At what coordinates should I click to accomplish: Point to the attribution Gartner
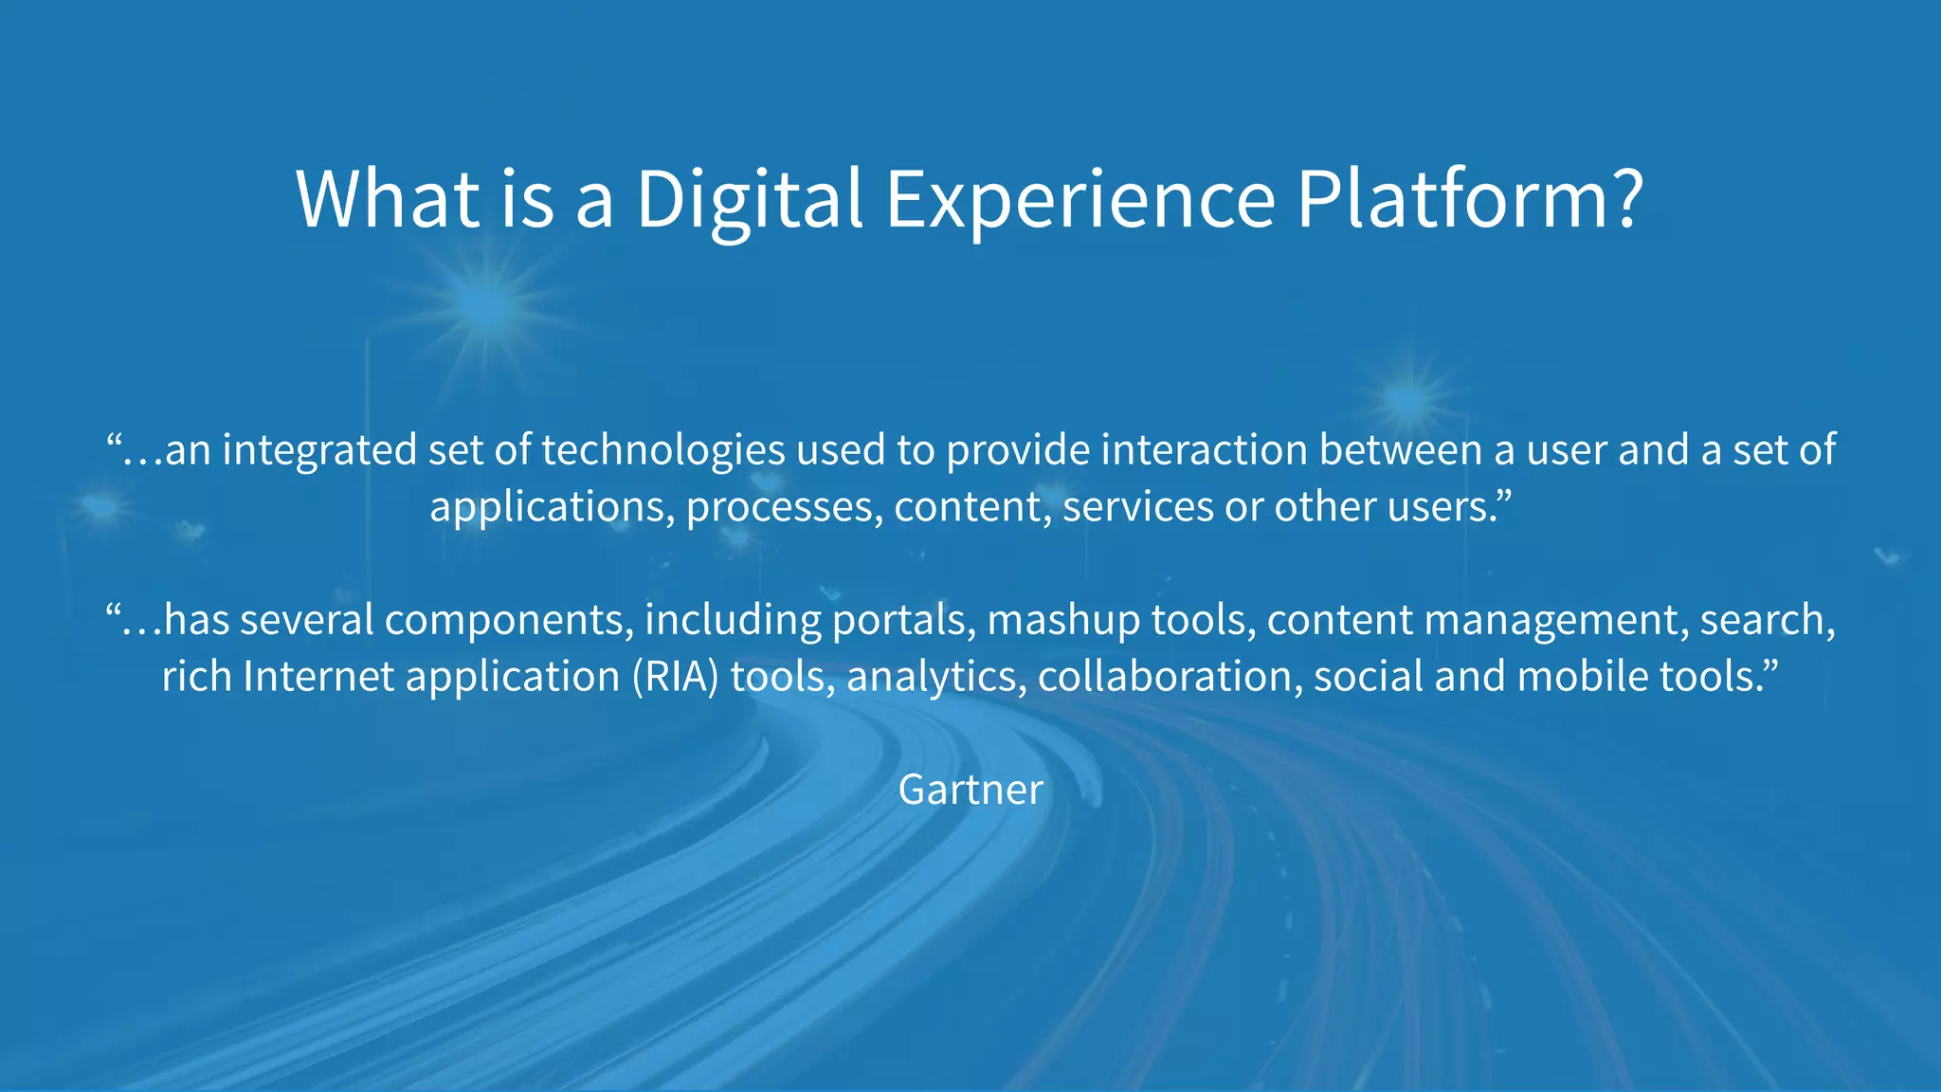click(x=970, y=790)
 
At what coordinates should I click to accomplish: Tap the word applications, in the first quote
click(x=552, y=507)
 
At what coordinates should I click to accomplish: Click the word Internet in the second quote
click(x=318, y=677)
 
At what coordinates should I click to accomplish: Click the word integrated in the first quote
click(x=319, y=450)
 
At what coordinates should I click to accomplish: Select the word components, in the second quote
click(x=510, y=620)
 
